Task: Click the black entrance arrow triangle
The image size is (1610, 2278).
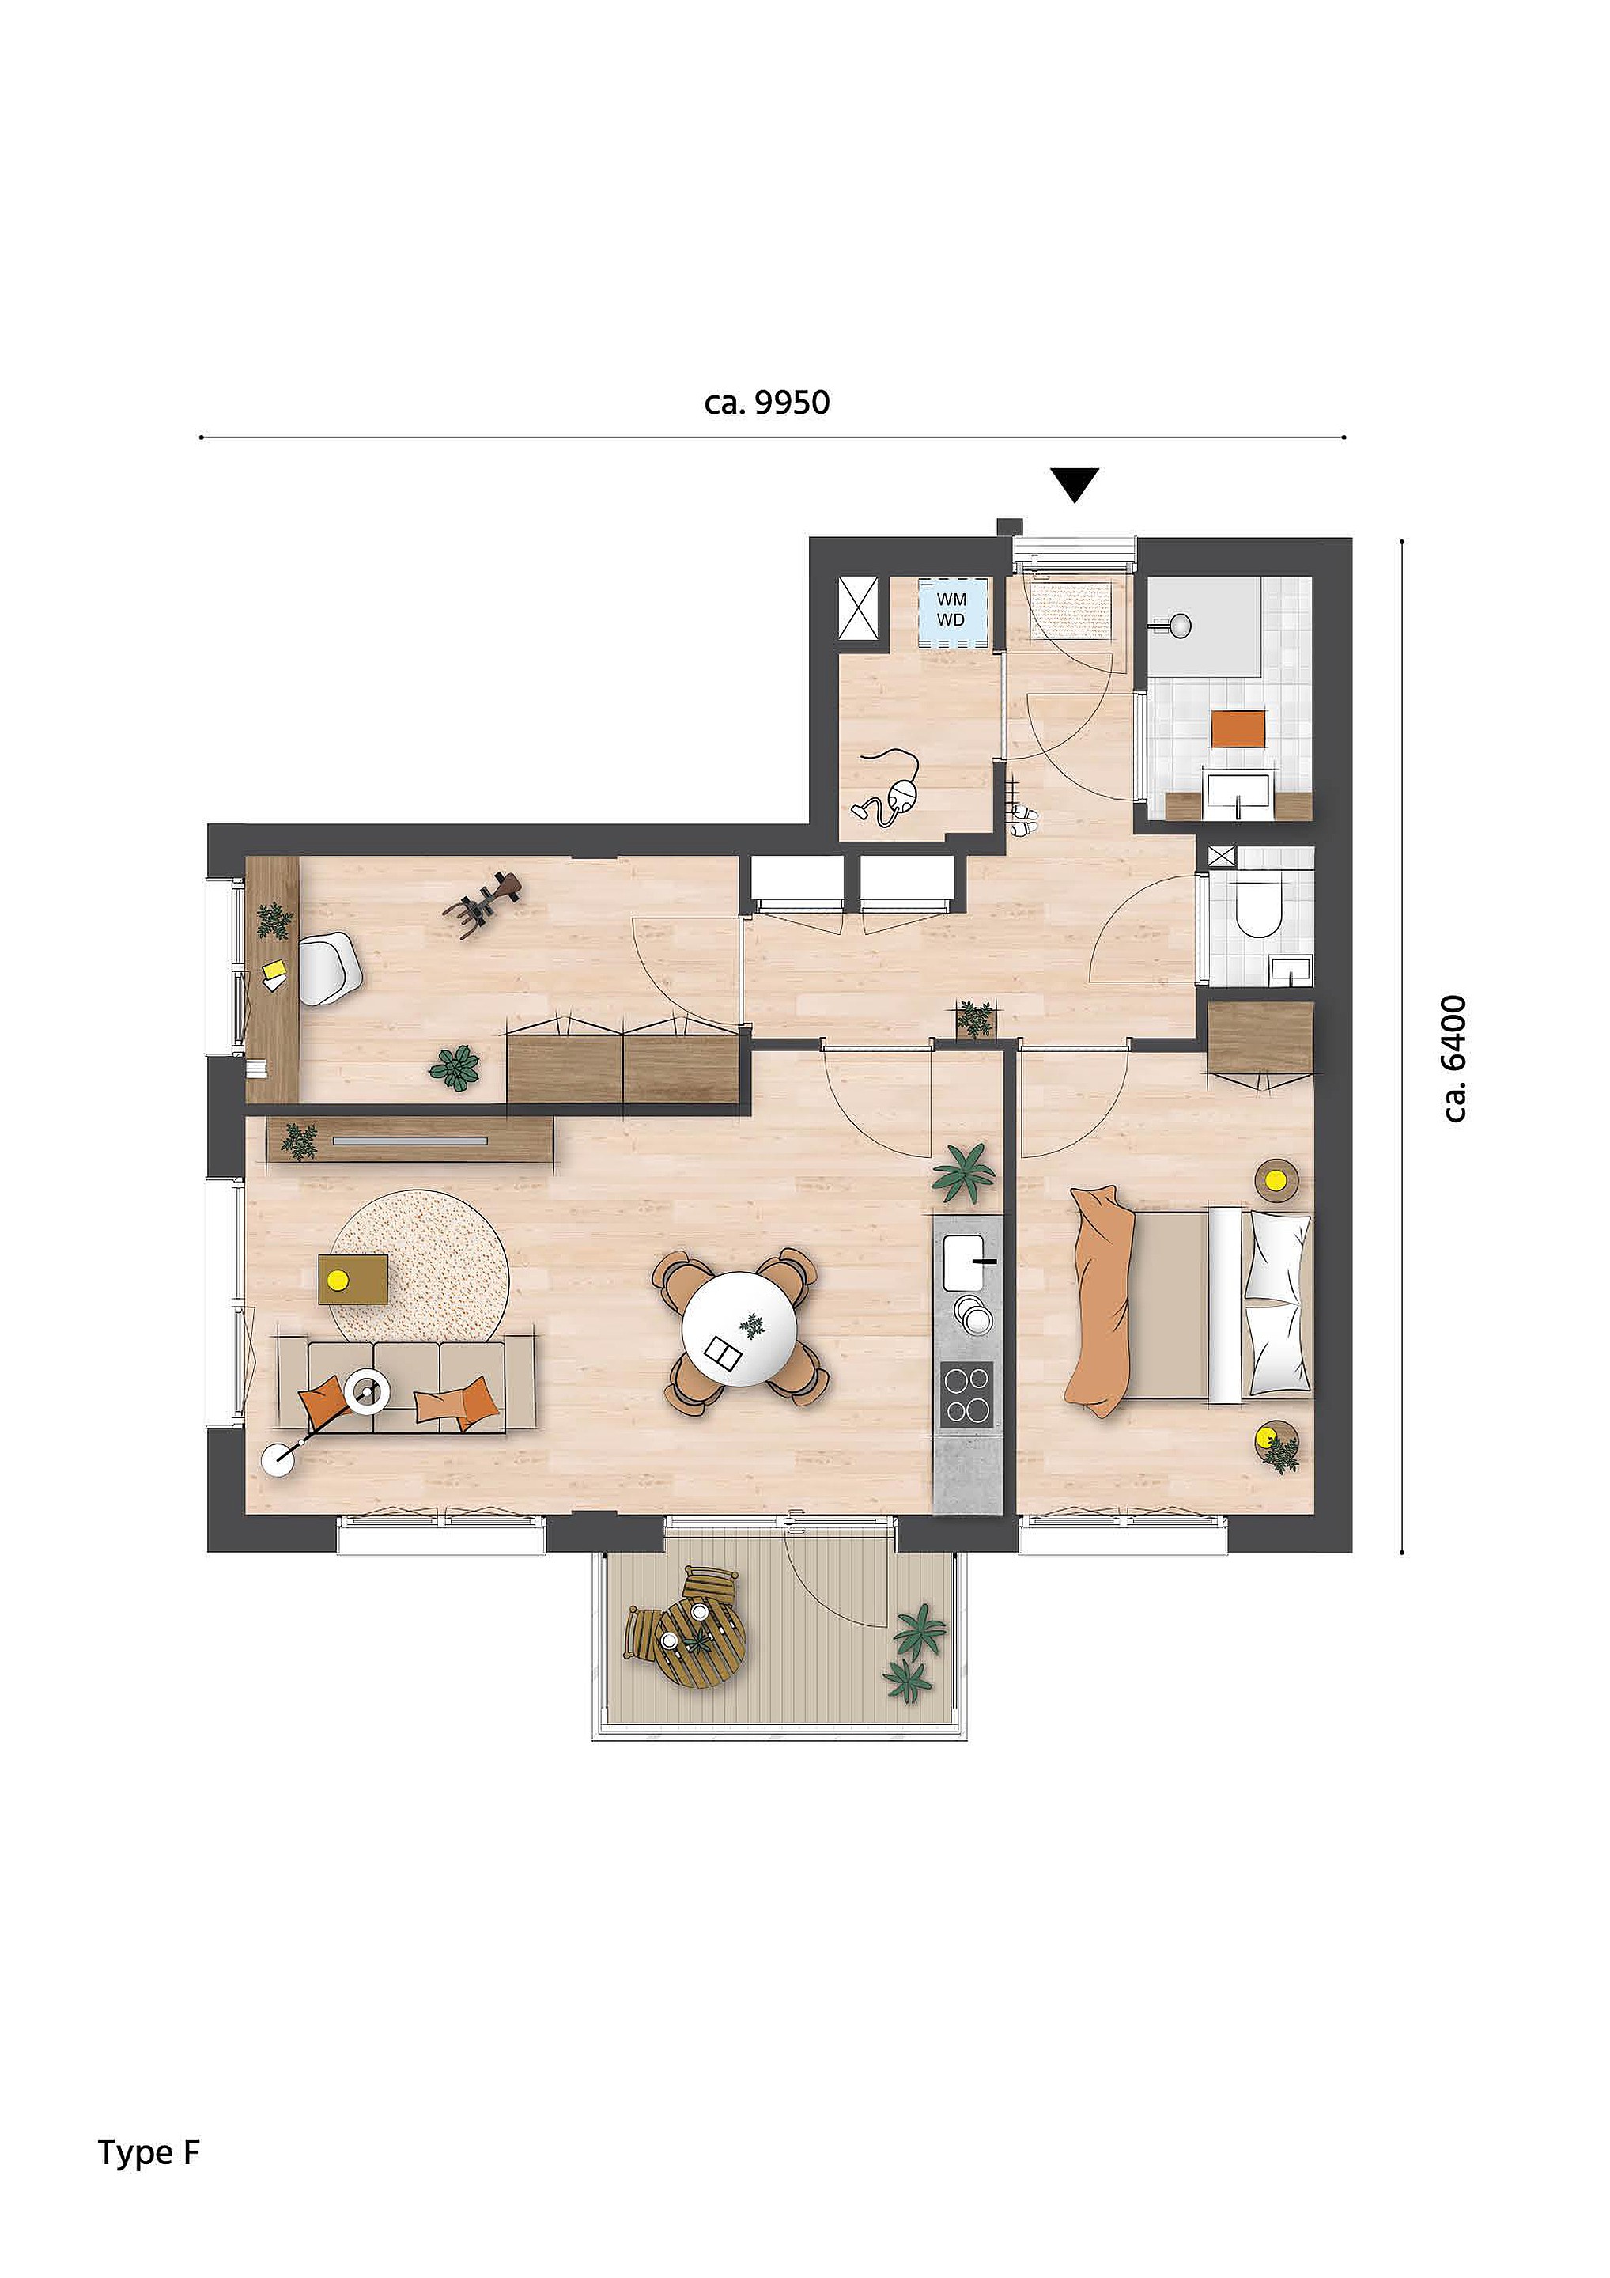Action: (x=1075, y=484)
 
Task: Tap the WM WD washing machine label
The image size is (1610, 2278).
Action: (x=951, y=610)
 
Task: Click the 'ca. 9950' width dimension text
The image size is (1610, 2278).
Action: (x=767, y=403)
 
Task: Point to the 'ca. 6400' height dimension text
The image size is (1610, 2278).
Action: (x=1455, y=1058)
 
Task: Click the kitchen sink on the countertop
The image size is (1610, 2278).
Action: (x=966, y=1262)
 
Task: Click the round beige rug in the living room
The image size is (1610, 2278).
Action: (x=421, y=1268)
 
